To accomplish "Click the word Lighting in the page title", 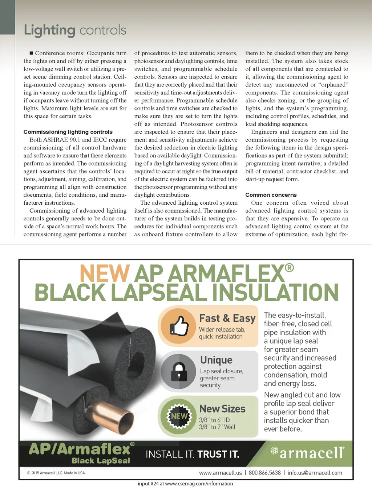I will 49,30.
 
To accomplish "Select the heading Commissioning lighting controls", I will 68,132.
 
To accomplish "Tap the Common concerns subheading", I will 271,195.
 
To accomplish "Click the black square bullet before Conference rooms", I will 31,53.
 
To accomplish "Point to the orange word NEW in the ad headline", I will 105,273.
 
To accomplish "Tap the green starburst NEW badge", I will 179,416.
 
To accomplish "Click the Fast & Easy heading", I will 227,318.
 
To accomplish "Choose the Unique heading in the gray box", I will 216,360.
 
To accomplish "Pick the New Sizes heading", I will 222,409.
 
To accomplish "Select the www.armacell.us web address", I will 220,473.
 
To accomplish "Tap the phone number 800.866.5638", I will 264,473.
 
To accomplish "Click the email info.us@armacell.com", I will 315,473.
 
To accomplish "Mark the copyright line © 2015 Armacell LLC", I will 56,473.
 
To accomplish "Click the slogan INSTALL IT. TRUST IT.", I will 192,454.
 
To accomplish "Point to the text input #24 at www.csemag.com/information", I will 185,484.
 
